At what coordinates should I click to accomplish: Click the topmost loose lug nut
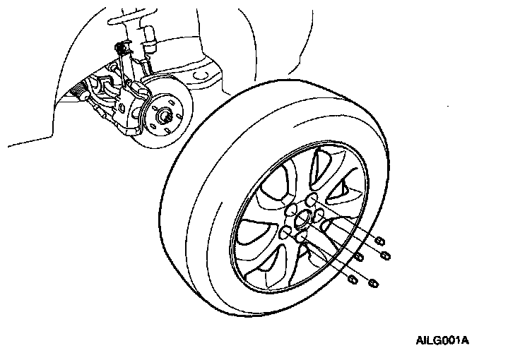381,240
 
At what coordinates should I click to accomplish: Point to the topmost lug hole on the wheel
309,200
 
